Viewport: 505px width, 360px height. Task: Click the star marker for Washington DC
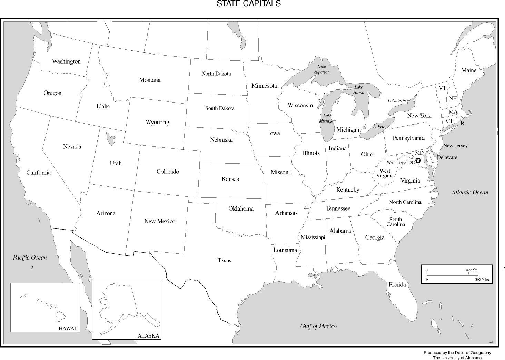pyautogui.click(x=418, y=160)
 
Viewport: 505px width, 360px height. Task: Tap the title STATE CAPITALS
pyautogui.click(x=248, y=4)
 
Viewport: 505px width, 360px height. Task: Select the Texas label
pyautogui.click(x=224, y=261)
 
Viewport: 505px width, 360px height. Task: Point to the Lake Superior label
pyautogui.click(x=321, y=69)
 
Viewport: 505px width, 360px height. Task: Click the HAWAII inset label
pyautogui.click(x=68, y=329)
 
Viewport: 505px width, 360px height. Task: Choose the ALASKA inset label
pyautogui.click(x=148, y=336)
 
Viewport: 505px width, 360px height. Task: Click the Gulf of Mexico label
pyautogui.click(x=318, y=326)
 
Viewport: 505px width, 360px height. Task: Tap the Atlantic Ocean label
pyautogui.click(x=470, y=193)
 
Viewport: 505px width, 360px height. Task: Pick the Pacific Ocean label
pyautogui.click(x=30, y=257)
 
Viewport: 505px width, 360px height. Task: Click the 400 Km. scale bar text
pyautogui.click(x=472, y=270)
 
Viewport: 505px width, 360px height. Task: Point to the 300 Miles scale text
pyautogui.click(x=482, y=280)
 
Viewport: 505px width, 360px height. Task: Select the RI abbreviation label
pyautogui.click(x=463, y=123)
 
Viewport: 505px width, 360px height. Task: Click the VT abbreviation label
pyautogui.click(x=442, y=88)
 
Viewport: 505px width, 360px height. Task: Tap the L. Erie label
pyautogui.click(x=379, y=127)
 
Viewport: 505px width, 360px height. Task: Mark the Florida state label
pyautogui.click(x=397, y=285)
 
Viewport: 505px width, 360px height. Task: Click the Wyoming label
pyautogui.click(x=157, y=122)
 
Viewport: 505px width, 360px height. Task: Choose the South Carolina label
pyautogui.click(x=396, y=222)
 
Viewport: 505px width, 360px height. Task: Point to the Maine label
pyautogui.click(x=469, y=70)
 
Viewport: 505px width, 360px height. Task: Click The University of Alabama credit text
pyautogui.click(x=457, y=358)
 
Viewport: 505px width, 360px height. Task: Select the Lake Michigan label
pyautogui.click(x=327, y=118)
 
